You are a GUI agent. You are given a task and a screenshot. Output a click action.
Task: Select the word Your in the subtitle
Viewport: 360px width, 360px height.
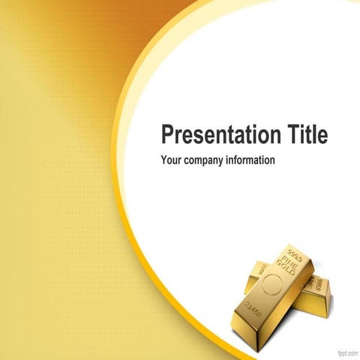point(172,160)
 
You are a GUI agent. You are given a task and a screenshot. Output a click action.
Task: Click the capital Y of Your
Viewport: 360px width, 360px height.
point(164,160)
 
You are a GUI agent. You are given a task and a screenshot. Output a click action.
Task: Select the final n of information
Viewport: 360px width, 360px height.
point(272,160)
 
